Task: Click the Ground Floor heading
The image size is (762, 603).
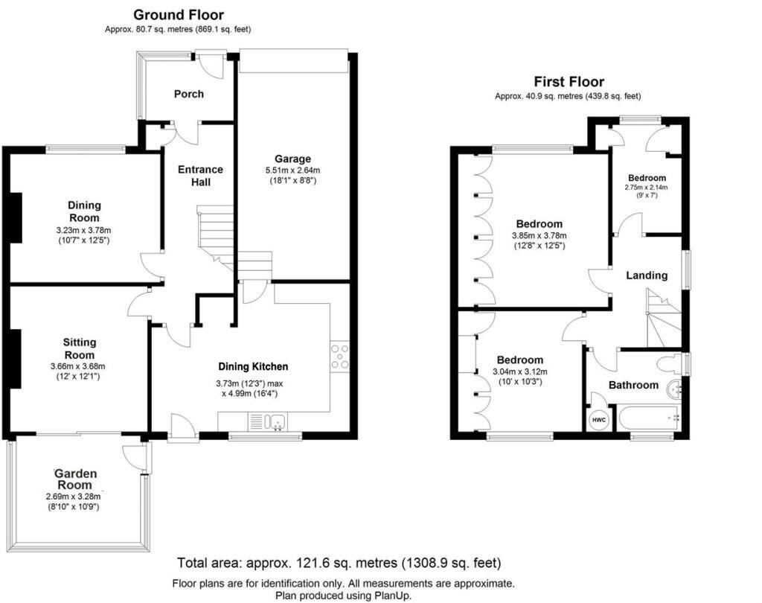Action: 178,15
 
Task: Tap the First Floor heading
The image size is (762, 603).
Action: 569,82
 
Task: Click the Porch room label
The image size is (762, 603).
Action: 188,94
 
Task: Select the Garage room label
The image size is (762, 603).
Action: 292,159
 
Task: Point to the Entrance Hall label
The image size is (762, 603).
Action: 200,176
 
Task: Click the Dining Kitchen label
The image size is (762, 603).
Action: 252,366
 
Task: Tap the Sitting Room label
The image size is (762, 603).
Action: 79,348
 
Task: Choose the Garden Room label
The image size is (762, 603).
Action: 76,480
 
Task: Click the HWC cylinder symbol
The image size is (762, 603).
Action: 598,420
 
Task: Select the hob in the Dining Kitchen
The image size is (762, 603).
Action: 340,357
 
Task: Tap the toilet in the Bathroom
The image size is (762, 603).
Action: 670,364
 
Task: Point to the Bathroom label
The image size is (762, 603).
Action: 633,385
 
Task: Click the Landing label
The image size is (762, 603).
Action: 646,275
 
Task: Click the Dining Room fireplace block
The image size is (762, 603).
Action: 16,216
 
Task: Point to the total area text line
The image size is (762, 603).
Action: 339,563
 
